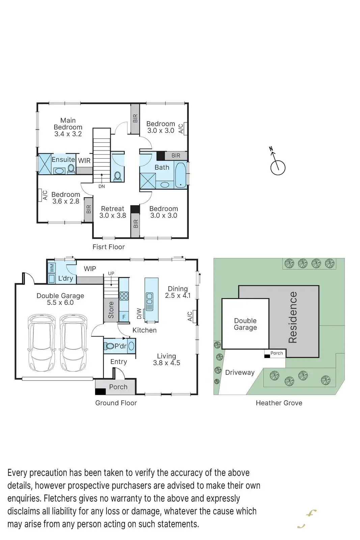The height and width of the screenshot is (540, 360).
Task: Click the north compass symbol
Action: [x=278, y=166]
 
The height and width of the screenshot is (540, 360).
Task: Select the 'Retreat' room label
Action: [x=113, y=209]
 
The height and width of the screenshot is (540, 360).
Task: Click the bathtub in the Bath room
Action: [x=180, y=174]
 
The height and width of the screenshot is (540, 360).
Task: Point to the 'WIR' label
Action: [x=84, y=161]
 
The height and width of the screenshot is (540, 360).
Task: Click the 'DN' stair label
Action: [x=102, y=186]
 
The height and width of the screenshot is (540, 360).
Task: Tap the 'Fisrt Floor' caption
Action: [x=109, y=247]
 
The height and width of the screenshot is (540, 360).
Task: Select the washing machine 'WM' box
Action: [x=52, y=268]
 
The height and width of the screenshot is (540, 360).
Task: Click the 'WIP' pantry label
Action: [x=90, y=269]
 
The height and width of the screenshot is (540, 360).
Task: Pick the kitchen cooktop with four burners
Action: [x=124, y=296]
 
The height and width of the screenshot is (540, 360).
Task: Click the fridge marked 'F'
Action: [x=124, y=317]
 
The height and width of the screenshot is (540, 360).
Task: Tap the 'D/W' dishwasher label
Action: [x=139, y=314]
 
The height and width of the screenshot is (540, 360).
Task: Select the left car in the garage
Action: [x=41, y=342]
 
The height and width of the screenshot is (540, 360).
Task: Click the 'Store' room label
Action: [x=111, y=310]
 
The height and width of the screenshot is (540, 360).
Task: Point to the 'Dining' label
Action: [x=178, y=289]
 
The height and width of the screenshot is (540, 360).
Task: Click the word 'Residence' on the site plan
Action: [x=293, y=317]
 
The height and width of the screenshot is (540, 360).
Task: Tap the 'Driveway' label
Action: [x=240, y=373]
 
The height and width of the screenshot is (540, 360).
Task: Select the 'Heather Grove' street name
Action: [x=279, y=403]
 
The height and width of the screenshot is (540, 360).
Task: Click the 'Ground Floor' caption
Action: [x=116, y=403]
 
